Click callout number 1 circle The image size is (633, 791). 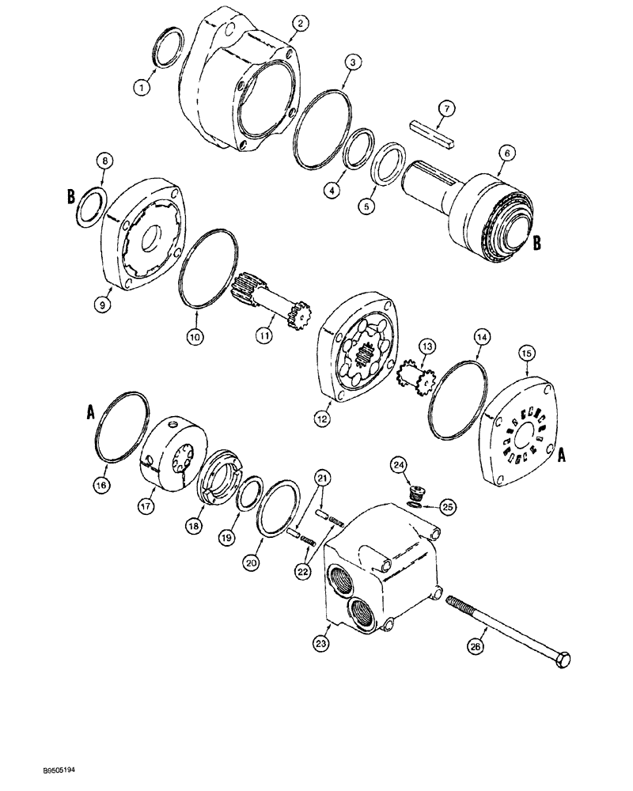pyautogui.click(x=142, y=89)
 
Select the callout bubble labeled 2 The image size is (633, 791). pyautogui.click(x=299, y=25)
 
